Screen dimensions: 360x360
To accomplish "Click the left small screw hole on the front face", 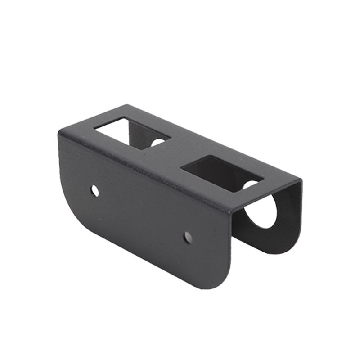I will pyautogui.click(x=95, y=191).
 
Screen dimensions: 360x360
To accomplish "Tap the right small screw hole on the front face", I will pyautogui.click(x=188, y=237).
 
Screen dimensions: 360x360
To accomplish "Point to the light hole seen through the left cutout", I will pyautogui.click(x=158, y=143).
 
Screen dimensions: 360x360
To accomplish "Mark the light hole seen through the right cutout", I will pyautogui.click(x=251, y=184).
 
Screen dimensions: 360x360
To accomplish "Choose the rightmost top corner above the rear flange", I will pyautogui.click(x=300, y=181).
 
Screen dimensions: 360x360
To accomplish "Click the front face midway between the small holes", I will pyautogui.click(x=142, y=214).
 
